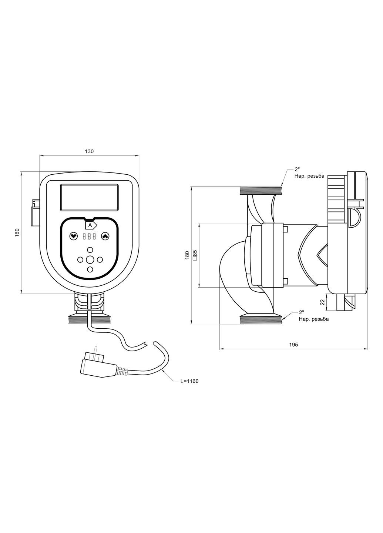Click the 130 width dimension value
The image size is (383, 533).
point(90,151)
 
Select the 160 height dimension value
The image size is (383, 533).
point(17,233)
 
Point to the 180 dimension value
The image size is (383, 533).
point(187,255)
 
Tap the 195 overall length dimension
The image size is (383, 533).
point(293,344)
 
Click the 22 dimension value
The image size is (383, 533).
point(322,302)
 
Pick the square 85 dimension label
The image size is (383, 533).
point(195,255)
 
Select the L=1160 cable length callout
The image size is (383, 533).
point(189,381)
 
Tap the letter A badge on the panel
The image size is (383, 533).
point(90,225)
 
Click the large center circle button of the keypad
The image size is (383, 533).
point(90,259)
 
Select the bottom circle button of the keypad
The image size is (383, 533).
point(90,269)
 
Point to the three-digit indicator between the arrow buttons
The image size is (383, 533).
point(89,236)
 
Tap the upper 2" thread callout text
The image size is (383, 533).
point(297,170)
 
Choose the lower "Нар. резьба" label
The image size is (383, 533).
point(313,319)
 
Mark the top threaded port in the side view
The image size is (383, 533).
point(261,191)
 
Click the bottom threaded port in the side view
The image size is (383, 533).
point(261,319)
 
